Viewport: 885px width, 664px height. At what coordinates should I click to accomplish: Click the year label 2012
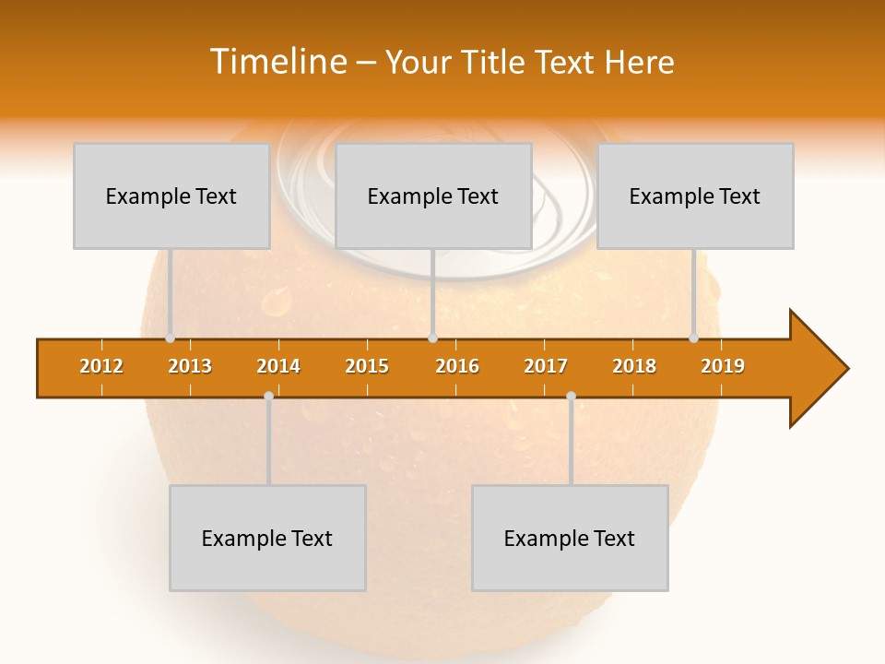coord(101,366)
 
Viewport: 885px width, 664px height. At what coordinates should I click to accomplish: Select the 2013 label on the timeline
coord(190,366)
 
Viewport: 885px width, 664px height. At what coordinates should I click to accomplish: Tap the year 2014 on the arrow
coord(278,366)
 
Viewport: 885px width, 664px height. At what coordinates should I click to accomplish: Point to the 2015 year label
coord(367,366)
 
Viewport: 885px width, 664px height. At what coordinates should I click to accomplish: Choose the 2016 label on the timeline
coord(457,366)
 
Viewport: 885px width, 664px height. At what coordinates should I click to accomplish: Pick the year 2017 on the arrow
coord(546,366)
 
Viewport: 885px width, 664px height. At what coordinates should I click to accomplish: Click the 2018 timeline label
coord(634,366)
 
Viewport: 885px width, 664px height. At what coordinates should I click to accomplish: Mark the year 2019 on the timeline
coord(723,366)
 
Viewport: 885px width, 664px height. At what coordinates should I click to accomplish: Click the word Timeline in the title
coord(277,62)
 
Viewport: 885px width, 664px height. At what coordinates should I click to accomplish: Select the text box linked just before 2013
coord(171,196)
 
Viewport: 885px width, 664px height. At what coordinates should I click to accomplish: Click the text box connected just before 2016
coord(433,196)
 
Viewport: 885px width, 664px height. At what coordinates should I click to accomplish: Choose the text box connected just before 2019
coord(695,196)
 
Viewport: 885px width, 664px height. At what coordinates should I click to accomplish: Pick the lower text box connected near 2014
coord(267,538)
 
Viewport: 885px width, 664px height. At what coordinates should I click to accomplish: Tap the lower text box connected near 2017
coord(570,538)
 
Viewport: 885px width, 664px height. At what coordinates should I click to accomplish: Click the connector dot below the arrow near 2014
coord(268,396)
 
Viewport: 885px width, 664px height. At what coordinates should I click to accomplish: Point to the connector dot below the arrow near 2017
coord(571,396)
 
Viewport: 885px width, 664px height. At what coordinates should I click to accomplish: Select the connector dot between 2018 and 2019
coord(694,338)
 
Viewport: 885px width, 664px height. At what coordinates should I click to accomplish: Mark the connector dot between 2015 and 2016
coord(432,338)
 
